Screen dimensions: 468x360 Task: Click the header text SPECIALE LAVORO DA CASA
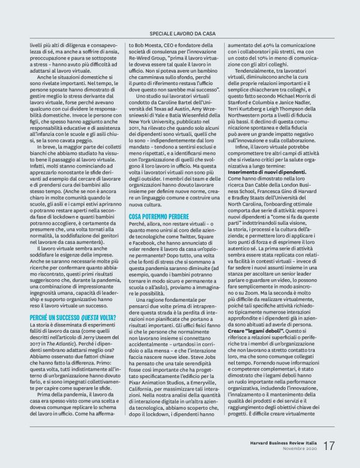tap(180, 32)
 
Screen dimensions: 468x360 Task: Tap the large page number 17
tap(328, 446)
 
